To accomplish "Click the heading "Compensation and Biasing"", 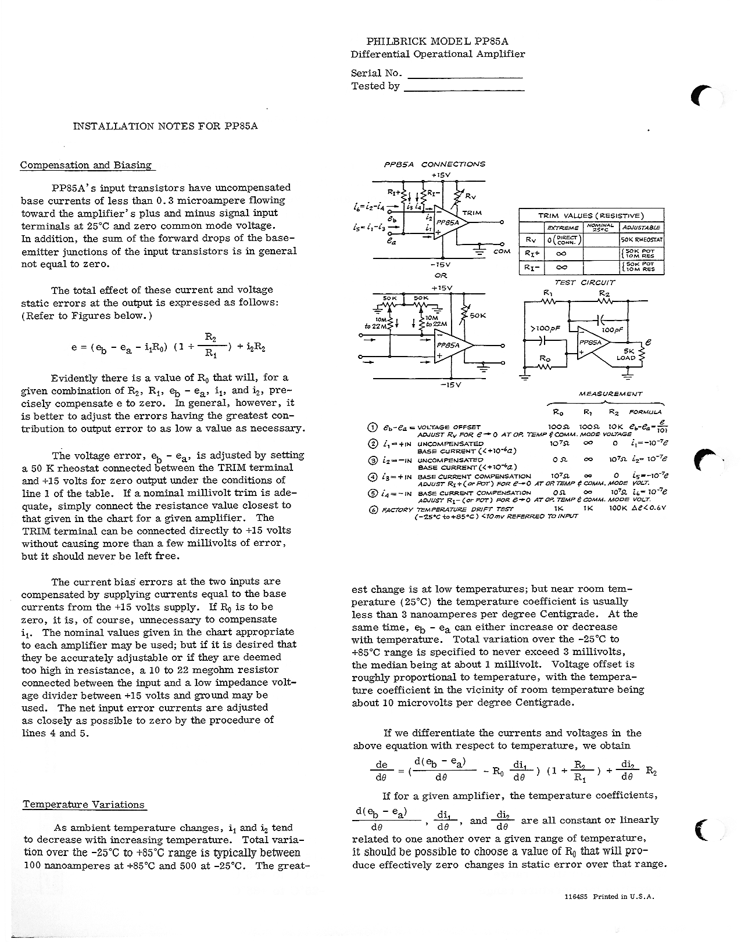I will pyautogui.click(x=86, y=165).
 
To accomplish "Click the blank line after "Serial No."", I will pyautogui.click(x=465, y=74).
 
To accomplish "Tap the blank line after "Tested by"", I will pyautogui.click(x=464, y=87).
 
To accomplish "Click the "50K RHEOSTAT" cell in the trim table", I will pyautogui.click(x=642, y=240).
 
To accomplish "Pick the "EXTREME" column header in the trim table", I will pyautogui.click(x=563, y=227).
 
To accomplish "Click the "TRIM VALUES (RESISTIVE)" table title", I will pyautogui.click(x=590, y=215).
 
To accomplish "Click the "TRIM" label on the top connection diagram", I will pyautogui.click(x=471, y=213).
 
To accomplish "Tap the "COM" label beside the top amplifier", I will pyautogui.click(x=502, y=252).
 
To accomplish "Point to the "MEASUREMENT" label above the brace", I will pyautogui.click(x=610, y=394).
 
